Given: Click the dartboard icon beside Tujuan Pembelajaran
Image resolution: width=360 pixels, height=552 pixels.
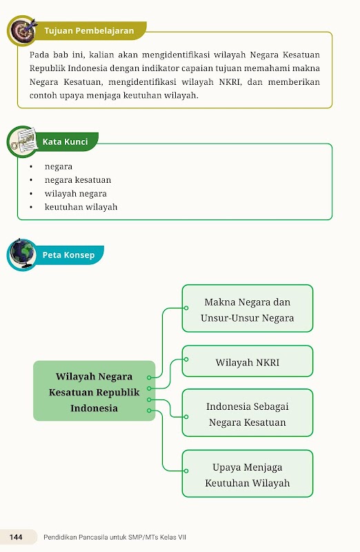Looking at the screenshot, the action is click(23, 30).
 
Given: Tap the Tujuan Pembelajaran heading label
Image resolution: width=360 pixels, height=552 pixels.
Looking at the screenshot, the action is click(89, 30).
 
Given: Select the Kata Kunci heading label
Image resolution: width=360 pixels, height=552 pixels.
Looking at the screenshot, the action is click(65, 141).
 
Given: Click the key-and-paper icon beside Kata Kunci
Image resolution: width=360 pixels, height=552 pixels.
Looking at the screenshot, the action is click(23, 141).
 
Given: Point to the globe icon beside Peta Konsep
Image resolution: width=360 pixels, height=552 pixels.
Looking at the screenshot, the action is click(22, 254).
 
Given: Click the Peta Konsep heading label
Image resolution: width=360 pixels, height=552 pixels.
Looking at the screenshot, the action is click(69, 255).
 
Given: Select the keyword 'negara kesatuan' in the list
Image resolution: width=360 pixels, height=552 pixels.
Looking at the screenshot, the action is click(78, 180).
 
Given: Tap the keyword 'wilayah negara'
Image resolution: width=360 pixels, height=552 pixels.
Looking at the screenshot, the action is click(76, 194).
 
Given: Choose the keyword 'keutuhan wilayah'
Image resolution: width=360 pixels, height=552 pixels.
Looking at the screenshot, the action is click(81, 207).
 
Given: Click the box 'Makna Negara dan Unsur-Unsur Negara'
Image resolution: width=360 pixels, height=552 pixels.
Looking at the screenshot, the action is click(248, 308).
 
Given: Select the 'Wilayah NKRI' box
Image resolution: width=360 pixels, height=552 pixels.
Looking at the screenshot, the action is click(248, 361).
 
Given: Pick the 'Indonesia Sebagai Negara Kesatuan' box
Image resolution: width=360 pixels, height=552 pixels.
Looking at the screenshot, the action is click(248, 413).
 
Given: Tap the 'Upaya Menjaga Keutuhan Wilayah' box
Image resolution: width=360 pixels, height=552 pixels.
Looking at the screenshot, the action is click(248, 473).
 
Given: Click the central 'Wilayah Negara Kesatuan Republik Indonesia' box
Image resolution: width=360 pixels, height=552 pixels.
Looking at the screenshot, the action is click(94, 391).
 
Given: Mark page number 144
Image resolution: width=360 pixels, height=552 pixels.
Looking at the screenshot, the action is click(16, 537).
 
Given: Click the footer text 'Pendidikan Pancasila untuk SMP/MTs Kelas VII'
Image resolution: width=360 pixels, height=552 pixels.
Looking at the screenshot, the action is click(114, 538).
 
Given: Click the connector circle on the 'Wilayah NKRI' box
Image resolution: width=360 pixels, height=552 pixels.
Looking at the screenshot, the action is click(186, 359).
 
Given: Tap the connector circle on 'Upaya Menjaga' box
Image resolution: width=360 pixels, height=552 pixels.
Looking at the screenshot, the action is click(186, 471).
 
